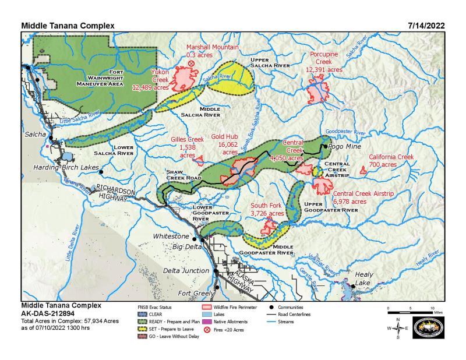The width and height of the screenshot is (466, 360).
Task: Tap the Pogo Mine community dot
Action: pos(325,147)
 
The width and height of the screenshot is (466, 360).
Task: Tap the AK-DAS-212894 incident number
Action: pos(50,313)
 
